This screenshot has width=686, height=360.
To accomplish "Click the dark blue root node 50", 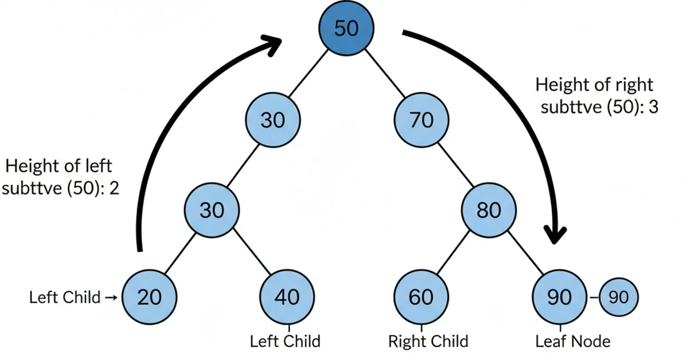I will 346,28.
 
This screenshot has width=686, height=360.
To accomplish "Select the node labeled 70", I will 422,120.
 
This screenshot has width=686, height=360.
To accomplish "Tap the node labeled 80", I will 489,211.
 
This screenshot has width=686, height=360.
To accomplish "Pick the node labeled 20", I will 150,297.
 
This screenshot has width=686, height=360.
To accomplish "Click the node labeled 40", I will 287,297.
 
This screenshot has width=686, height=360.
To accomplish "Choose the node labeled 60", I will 421,297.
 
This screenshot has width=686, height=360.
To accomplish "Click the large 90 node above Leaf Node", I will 559,297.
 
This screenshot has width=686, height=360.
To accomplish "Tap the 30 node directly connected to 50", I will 273,120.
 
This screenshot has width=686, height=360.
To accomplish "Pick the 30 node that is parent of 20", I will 212,211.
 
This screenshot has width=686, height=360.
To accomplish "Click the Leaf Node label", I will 573,342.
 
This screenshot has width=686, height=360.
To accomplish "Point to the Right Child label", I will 428,342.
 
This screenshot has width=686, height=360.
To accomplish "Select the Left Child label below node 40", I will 285,342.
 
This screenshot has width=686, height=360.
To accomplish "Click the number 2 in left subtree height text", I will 113,189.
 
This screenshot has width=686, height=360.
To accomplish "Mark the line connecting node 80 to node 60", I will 451,258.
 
